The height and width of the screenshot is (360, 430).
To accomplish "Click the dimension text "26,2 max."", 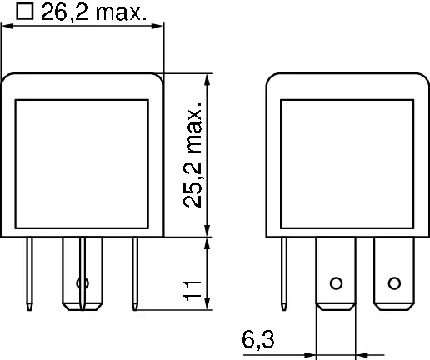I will click(x=93, y=12).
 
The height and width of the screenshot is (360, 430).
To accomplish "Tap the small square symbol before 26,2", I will click(x=25, y=11).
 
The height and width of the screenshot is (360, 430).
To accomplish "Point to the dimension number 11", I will click(x=193, y=291).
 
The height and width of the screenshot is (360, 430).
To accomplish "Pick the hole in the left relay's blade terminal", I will click(x=82, y=283).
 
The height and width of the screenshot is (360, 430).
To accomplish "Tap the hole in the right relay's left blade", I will click(x=336, y=281).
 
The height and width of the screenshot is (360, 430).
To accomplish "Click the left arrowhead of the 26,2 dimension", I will click(x=7, y=27).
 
